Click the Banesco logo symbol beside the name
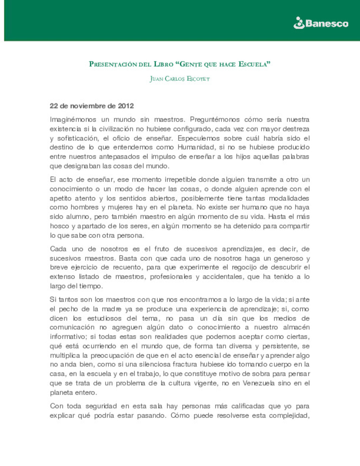pos(299,23)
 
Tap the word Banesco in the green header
pos(327,23)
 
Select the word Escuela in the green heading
pos(254,64)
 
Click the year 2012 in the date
pos(126,106)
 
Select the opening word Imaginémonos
pos(73,119)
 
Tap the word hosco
pos(59,226)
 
